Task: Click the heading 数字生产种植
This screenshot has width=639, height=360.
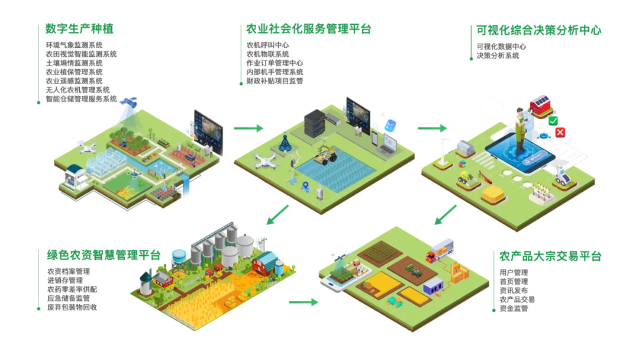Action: tap(79, 28)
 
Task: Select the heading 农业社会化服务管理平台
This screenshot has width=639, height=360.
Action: tap(308, 29)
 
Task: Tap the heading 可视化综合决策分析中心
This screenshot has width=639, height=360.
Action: tap(539, 30)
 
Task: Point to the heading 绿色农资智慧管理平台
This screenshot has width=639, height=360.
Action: tap(104, 255)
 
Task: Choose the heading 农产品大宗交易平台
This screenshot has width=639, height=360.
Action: tap(550, 256)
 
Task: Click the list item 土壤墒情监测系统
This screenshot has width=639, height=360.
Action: tap(74, 63)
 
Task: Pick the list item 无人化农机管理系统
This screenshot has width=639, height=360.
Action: tap(78, 89)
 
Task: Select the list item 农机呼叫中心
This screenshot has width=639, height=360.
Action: tap(267, 45)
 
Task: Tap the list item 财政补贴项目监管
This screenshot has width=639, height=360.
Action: tap(275, 81)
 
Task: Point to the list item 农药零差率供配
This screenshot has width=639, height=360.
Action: tap(72, 290)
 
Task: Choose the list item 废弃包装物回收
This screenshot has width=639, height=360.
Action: tap(72, 307)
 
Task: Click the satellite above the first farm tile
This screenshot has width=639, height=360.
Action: tap(129, 104)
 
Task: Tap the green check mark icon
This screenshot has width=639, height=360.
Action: tap(553, 121)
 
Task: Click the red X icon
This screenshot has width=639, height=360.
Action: tap(560, 133)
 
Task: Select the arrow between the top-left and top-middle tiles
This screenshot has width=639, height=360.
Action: tap(248, 128)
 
